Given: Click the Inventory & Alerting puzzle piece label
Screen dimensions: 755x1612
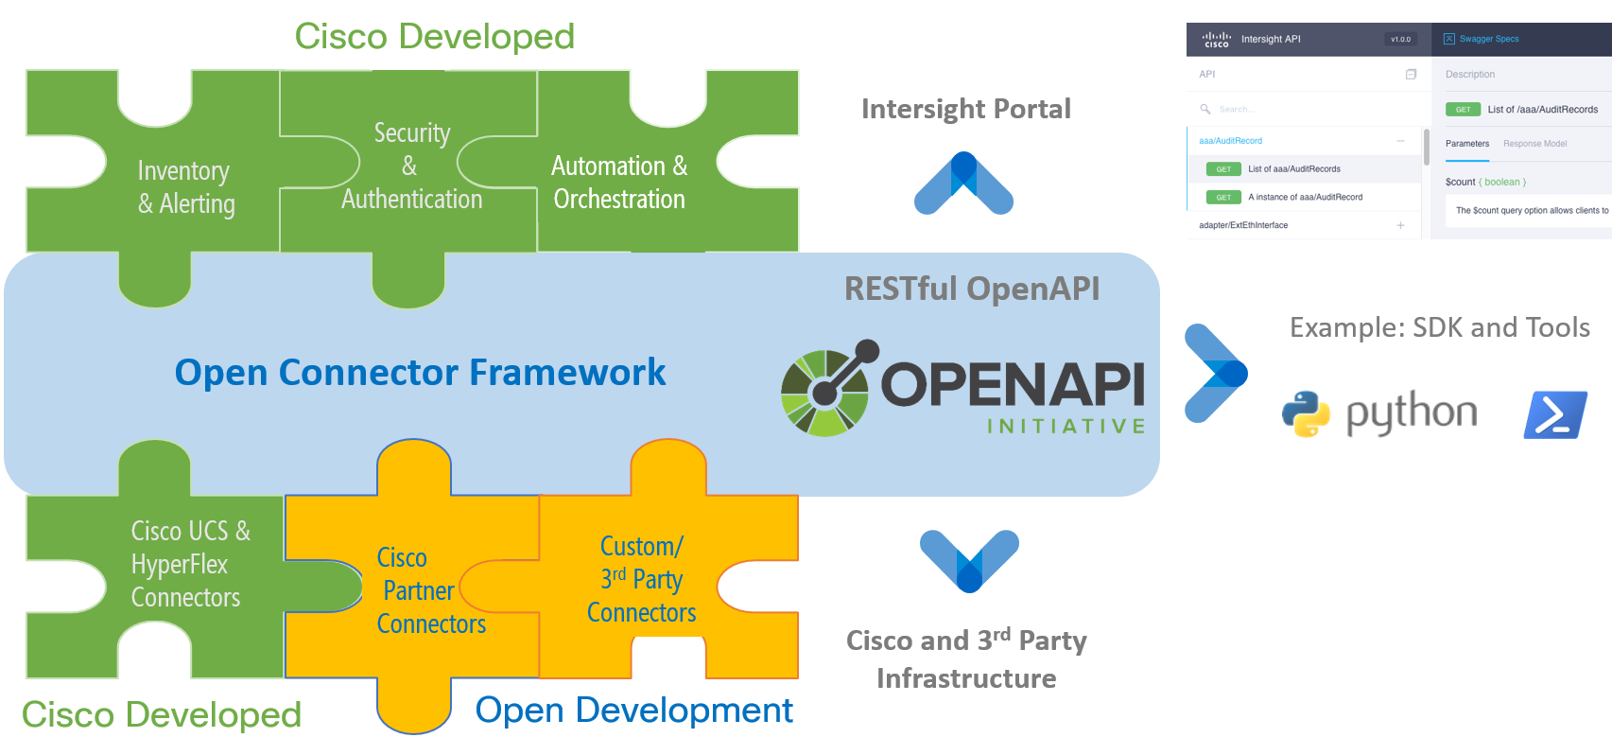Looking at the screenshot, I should coord(185,187).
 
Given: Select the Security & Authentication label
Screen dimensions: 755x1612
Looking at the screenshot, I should coord(411,167).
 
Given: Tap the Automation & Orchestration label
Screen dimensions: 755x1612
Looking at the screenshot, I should coord(619,183).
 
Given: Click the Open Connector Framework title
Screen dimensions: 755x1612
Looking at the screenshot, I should coord(420,373).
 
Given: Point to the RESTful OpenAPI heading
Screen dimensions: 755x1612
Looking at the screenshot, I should coord(971,289).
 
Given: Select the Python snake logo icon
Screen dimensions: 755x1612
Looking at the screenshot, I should coord(1307,413).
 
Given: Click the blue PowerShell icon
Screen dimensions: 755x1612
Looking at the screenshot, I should coord(1555,414).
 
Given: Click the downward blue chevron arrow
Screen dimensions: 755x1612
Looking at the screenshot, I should coord(969,560).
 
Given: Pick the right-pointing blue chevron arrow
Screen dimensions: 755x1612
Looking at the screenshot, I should coord(1216,373).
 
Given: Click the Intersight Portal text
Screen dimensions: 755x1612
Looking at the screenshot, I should coord(965,110).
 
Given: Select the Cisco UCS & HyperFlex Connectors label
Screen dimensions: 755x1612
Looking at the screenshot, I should coord(189,564).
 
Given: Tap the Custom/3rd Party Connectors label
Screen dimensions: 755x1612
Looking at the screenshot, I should coord(641,579).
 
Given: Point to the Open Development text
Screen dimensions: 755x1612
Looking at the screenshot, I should coord(633,711).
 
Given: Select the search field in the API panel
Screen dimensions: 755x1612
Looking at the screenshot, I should coord(1305,110).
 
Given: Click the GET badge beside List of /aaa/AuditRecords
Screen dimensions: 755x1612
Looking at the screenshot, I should coord(1463,110).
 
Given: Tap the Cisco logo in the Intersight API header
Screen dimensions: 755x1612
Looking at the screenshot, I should coord(1216,40).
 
